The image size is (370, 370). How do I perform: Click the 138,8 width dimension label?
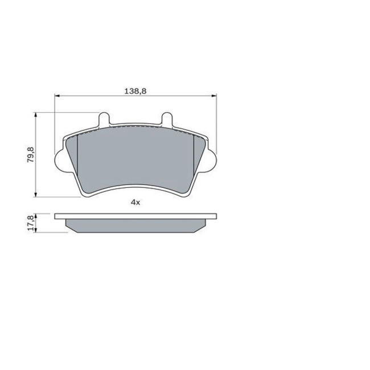[135, 91]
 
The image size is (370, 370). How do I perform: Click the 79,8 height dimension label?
[31, 155]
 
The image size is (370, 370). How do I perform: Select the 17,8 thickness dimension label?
[31, 223]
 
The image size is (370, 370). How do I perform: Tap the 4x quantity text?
[135, 202]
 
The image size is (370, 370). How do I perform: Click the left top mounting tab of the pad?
[104, 119]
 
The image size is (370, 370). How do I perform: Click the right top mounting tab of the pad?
[167, 119]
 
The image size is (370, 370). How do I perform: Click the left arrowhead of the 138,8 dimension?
[57, 96]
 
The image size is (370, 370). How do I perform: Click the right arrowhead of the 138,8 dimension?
[214, 96]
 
